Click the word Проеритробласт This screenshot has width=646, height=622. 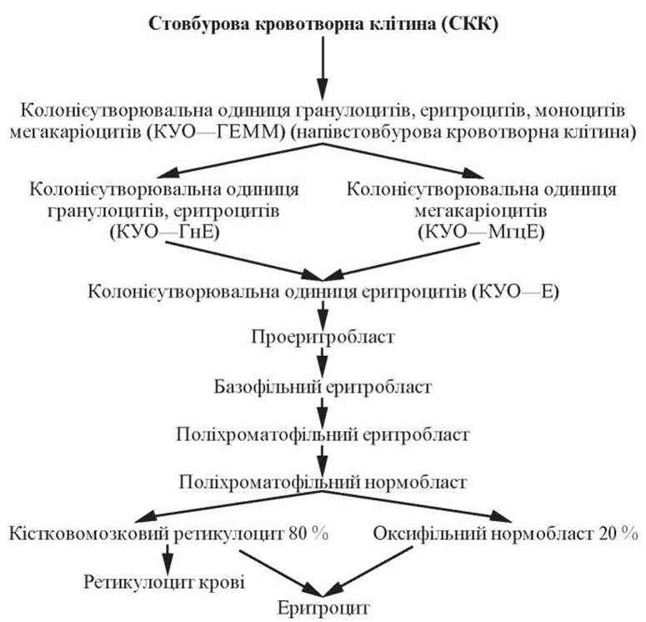(323, 339)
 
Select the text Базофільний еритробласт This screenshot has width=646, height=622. (323, 387)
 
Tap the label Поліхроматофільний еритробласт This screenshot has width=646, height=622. (323, 434)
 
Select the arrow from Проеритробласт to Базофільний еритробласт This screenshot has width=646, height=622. (323, 363)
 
